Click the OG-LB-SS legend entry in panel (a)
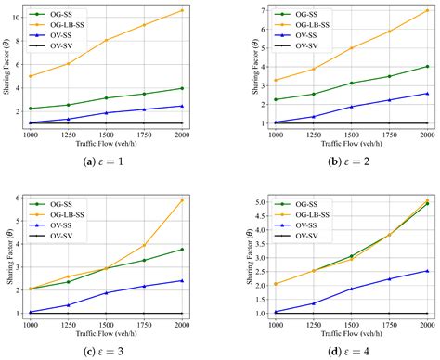click(x=68, y=23)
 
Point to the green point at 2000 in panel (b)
click(x=426, y=66)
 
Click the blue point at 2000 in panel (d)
click(x=426, y=271)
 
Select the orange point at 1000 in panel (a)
click(x=32, y=76)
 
